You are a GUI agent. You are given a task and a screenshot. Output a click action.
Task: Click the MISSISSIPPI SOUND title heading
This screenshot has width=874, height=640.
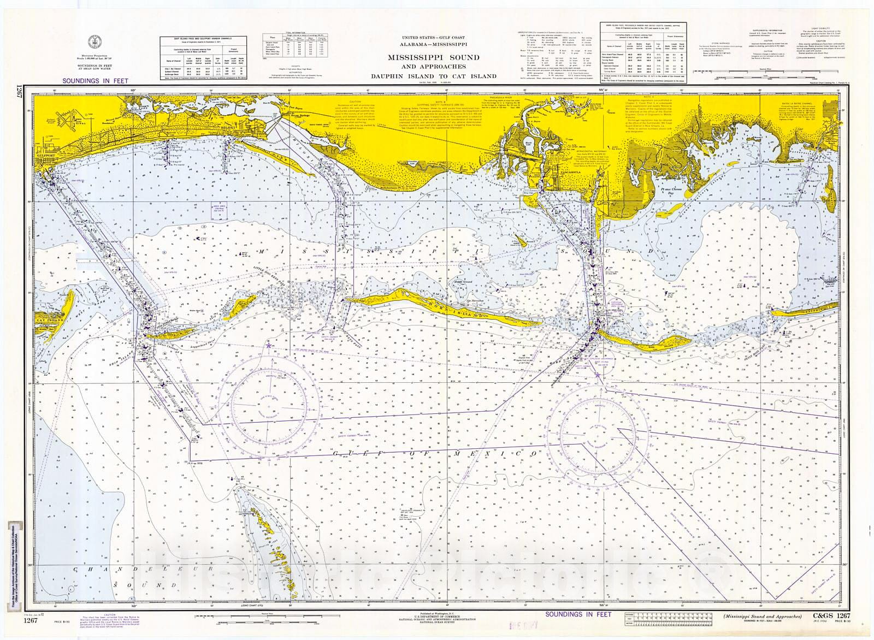[x=434, y=57]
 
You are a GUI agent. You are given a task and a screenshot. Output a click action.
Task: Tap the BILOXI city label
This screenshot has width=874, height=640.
[x=228, y=122]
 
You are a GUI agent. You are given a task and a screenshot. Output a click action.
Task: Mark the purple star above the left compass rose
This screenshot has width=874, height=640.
[x=268, y=345]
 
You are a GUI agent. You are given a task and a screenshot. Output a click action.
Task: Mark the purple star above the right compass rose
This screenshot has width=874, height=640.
[x=599, y=376]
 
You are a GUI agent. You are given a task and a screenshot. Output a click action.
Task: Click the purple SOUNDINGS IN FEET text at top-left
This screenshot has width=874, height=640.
[x=96, y=80]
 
